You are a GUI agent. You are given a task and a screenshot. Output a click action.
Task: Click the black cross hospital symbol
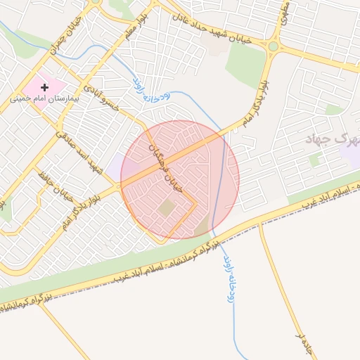coord(45,87)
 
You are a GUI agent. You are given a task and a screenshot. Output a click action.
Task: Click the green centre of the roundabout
coord(273,46)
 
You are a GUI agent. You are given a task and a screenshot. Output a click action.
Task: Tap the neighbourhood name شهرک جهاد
coord(327,139)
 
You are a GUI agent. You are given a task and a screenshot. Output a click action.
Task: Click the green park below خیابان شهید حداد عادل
coord(245,63)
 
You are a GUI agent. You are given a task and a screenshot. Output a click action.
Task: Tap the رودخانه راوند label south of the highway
coord(229,278)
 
